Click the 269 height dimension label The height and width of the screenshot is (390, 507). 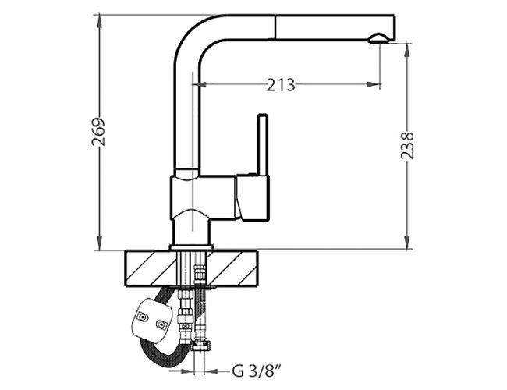98,132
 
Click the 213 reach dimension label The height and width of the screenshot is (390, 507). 281,85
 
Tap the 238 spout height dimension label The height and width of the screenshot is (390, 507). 407,146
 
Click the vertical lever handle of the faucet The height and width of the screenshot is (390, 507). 262,144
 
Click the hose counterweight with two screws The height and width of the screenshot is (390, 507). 151,320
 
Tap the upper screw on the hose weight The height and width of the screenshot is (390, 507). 142,317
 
